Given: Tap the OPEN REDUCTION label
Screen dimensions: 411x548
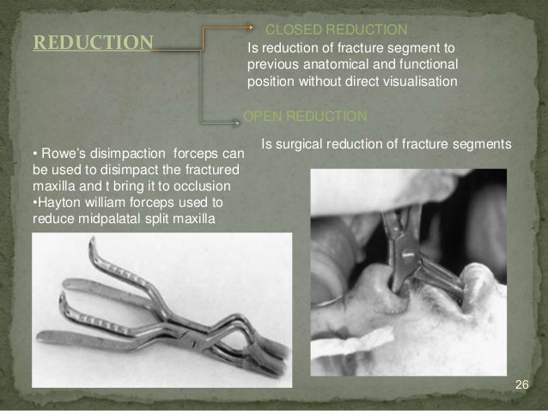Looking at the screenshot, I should coord(306,116).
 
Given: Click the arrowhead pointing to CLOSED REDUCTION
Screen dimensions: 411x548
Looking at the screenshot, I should coord(250,27).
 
